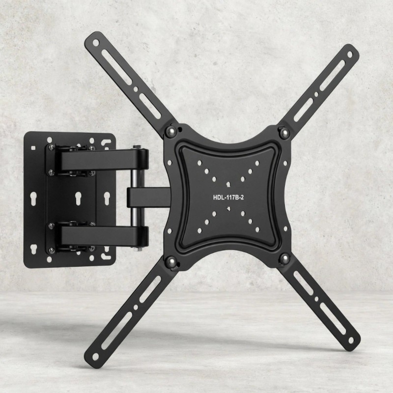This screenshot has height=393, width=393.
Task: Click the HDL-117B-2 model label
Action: point(228,197)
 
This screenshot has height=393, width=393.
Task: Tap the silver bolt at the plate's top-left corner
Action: point(171,131)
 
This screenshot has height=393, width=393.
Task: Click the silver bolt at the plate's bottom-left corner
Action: point(171,262)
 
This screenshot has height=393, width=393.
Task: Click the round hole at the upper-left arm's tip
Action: point(96,43)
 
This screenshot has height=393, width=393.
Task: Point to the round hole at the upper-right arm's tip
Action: point(349,55)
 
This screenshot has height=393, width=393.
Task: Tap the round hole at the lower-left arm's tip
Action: point(95,357)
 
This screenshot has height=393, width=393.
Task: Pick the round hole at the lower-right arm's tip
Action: point(351,340)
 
